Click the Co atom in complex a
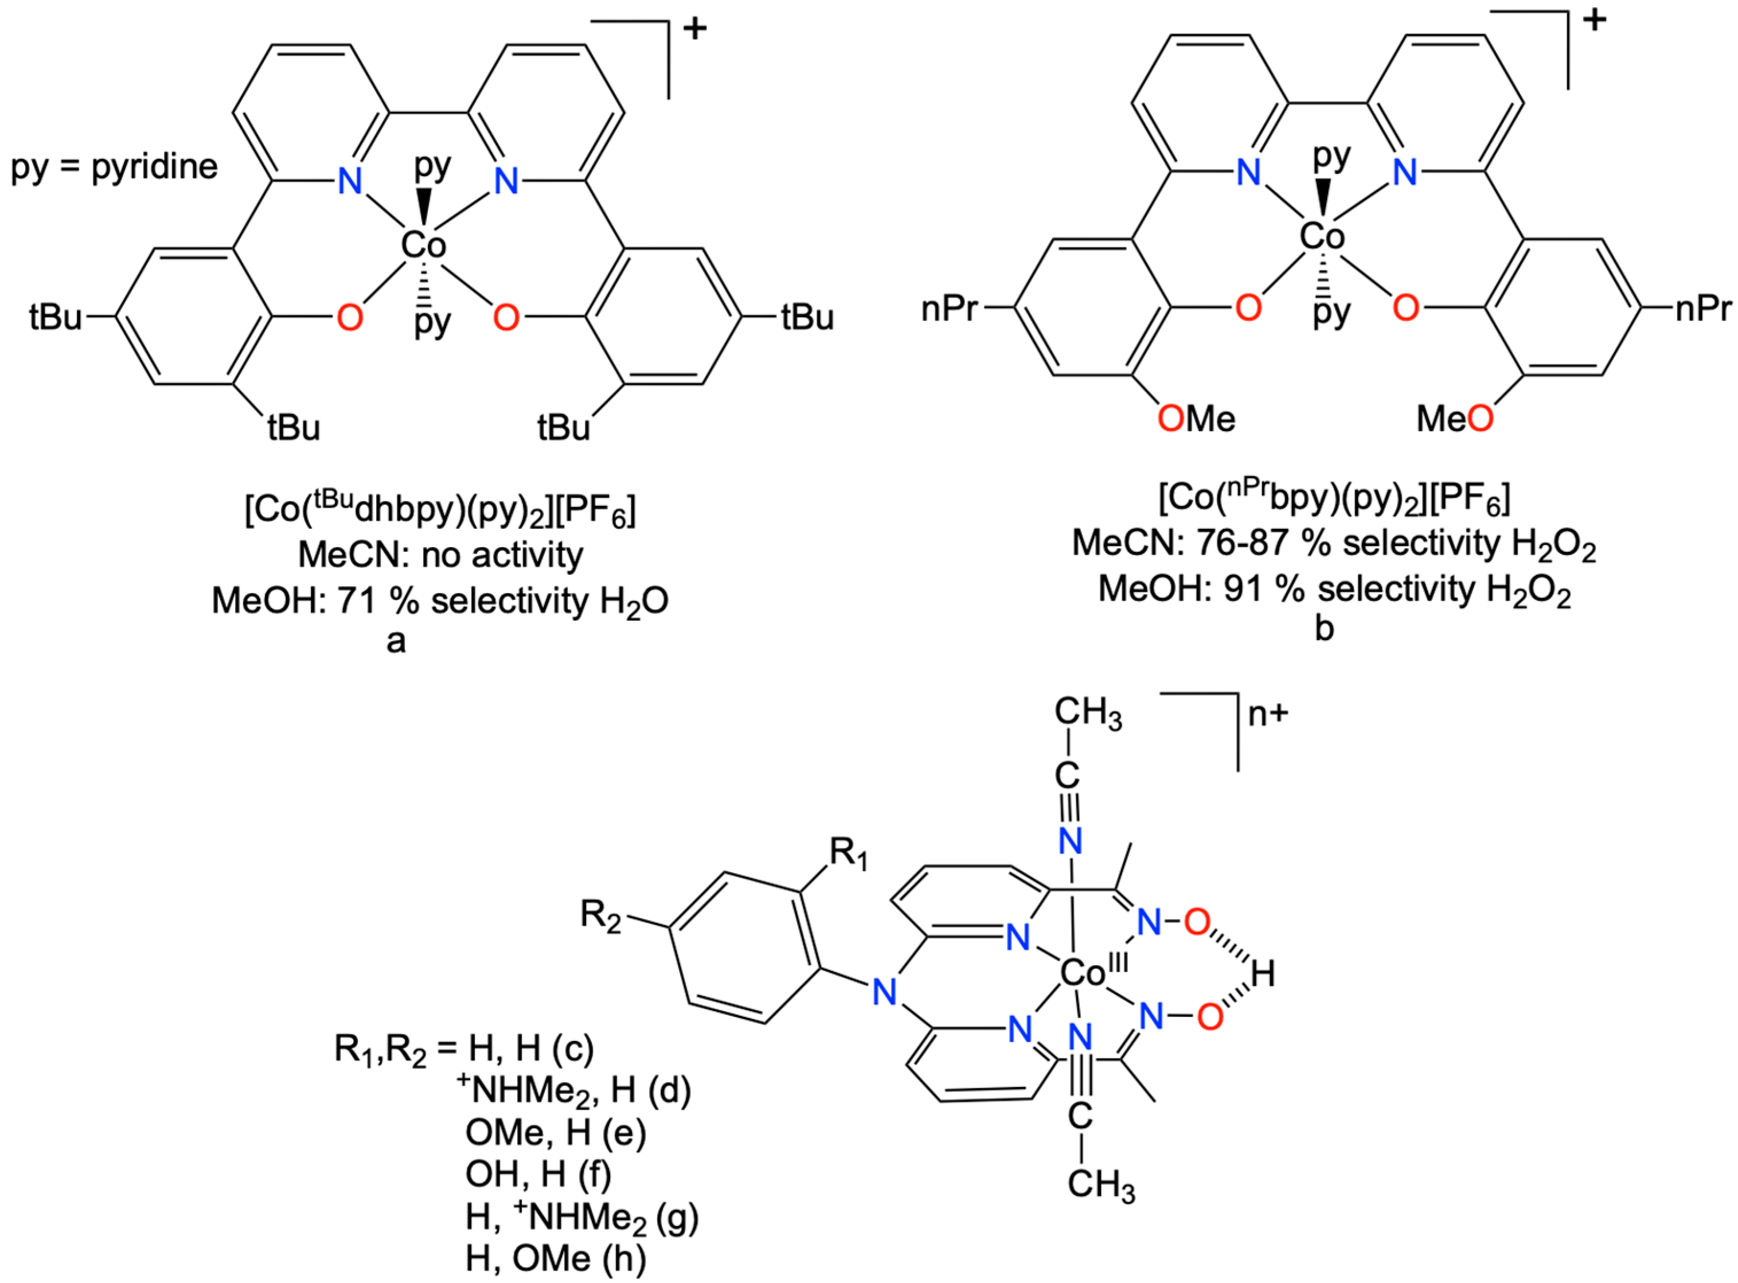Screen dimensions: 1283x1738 click(423, 245)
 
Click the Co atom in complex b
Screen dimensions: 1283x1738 click(1322, 236)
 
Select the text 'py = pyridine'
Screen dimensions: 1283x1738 click(114, 167)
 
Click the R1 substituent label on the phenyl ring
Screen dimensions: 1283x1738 click(847, 855)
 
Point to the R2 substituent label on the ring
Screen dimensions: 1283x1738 click(601, 916)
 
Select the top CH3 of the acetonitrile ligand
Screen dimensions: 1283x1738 click(1088, 713)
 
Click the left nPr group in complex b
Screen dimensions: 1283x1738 click(948, 309)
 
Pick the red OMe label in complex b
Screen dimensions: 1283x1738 click(1196, 419)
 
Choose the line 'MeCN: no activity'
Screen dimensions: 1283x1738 click(440, 555)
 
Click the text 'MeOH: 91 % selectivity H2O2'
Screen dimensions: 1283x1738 click(1334, 590)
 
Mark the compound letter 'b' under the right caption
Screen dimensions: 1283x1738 click(1323, 628)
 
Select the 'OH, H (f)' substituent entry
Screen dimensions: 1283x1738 click(538, 1174)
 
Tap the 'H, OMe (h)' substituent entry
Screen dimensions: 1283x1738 click(555, 1258)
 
